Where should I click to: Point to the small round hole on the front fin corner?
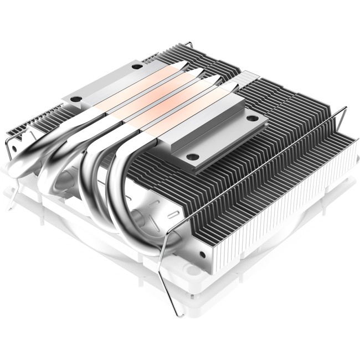(201, 255)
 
